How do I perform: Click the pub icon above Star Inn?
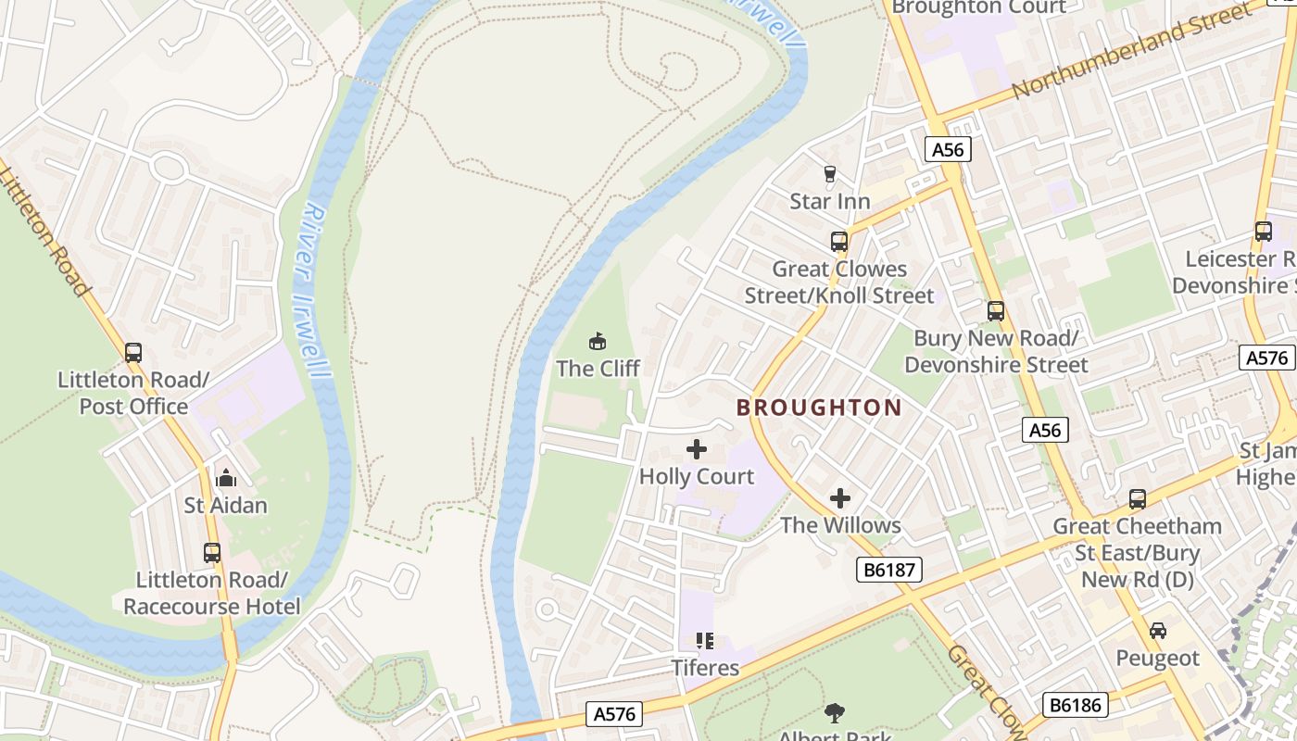tap(829, 173)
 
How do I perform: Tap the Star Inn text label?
tap(829, 201)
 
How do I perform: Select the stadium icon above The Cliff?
tap(598, 341)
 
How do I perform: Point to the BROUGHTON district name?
tap(819, 408)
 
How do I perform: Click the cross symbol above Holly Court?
tap(697, 450)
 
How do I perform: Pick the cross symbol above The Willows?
tap(840, 498)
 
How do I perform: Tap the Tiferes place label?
tap(705, 667)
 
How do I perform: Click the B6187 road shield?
tap(888, 570)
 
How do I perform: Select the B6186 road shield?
tap(1075, 705)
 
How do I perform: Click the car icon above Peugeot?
tap(1157, 631)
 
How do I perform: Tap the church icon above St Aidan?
tap(226, 479)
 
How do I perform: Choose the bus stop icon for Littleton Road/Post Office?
tap(133, 353)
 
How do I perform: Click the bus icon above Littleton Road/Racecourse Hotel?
tap(212, 553)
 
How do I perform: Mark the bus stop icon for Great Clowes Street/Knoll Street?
tap(839, 242)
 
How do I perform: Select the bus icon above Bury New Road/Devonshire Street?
tap(996, 311)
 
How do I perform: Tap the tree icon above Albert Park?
tap(835, 712)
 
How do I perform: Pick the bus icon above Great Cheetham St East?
tap(1138, 499)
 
